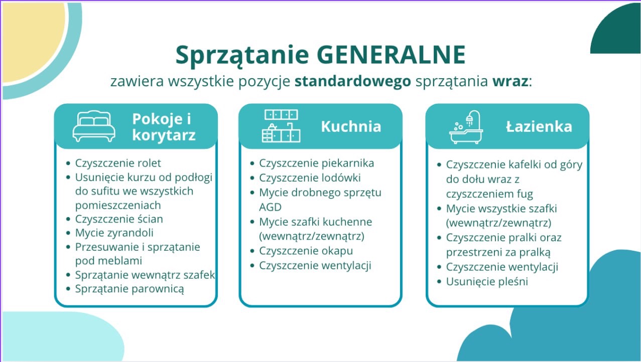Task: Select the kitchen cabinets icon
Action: click(281, 126)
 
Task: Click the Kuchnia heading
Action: click(351, 126)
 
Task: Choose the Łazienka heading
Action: click(539, 126)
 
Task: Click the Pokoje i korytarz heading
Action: click(163, 127)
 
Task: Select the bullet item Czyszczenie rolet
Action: click(118, 163)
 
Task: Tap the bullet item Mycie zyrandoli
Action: click(114, 233)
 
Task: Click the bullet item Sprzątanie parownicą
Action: click(130, 289)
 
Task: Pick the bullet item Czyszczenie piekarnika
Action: click(316, 163)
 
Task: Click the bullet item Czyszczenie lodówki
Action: click(310, 177)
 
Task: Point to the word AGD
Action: click(271, 207)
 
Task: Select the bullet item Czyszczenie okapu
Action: click(306, 251)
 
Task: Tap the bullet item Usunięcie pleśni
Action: click(487, 281)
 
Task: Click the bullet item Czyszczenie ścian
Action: click(119, 219)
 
